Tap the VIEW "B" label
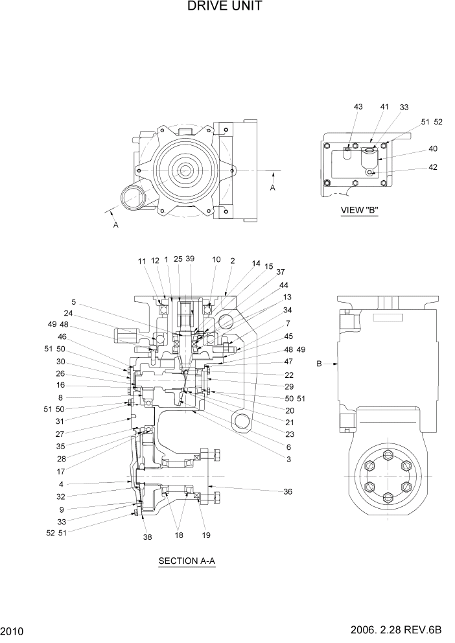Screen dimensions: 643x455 359,209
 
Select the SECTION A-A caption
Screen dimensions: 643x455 186,561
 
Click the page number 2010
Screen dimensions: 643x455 12,631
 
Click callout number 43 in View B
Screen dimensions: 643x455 358,107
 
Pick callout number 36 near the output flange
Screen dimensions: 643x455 287,492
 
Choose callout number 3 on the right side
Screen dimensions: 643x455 288,459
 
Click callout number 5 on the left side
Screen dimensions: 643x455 73,301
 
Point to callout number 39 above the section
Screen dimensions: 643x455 189,259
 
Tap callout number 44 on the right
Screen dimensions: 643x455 284,285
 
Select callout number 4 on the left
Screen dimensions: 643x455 79,484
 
